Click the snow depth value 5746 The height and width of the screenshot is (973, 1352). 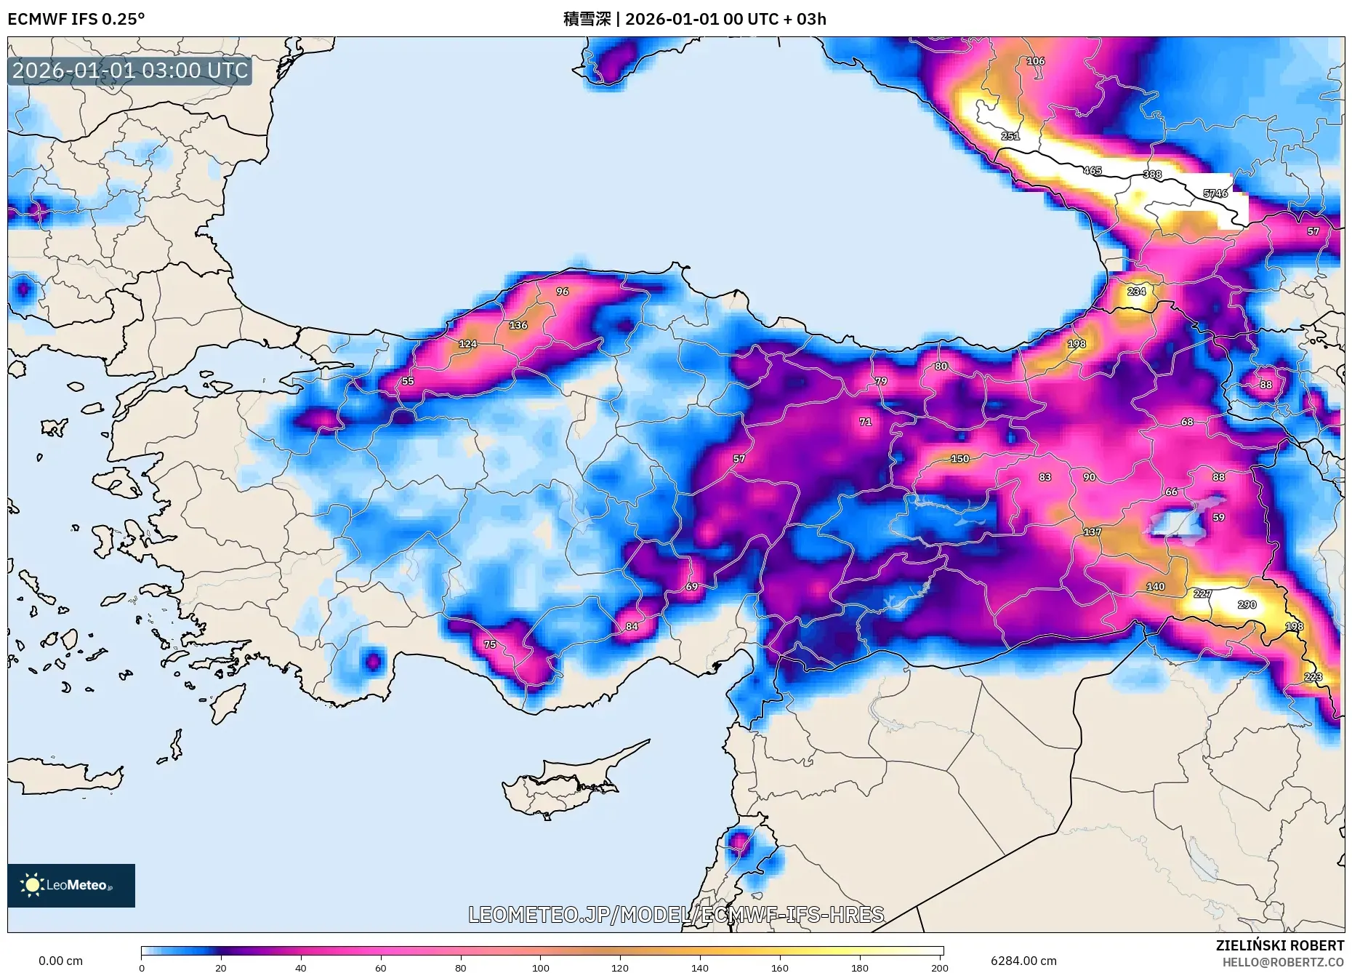1215,193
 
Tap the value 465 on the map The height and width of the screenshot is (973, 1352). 1093,171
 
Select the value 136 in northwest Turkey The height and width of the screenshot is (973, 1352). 518,325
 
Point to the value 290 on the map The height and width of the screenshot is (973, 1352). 1247,605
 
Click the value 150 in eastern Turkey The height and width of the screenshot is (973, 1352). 959,459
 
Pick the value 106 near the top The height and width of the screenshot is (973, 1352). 1035,61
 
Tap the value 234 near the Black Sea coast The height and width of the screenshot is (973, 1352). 1136,292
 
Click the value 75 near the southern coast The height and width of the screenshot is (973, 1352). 490,644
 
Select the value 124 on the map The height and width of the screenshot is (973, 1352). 467,344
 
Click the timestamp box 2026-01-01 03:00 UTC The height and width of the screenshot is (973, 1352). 130,71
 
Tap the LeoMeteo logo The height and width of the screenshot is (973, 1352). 71,885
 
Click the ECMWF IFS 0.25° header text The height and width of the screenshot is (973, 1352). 76,19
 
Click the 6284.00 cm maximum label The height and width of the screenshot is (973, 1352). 1023,961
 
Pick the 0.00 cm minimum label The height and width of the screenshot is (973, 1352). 60,961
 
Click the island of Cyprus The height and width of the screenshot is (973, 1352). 560,789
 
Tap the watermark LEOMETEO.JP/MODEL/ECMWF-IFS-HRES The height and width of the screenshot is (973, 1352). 676,914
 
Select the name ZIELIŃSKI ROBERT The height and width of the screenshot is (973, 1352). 1279,945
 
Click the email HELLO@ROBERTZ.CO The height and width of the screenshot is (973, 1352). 1282,962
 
